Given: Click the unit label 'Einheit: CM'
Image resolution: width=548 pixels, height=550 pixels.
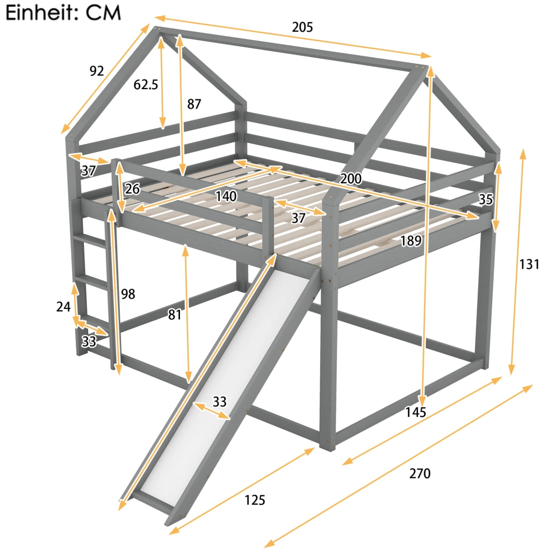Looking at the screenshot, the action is (x=63, y=13).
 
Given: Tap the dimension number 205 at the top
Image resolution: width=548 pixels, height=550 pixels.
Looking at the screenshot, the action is (x=302, y=27).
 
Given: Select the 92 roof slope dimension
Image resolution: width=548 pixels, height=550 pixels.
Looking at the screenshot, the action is (x=97, y=71).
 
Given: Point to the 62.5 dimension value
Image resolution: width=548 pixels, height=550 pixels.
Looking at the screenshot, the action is (x=146, y=84).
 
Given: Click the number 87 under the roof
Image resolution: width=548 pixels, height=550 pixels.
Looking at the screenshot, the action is (x=194, y=104).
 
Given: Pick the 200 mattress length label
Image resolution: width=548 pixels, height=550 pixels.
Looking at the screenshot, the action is (x=351, y=178).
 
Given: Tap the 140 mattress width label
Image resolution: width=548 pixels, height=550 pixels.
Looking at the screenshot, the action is (x=226, y=196).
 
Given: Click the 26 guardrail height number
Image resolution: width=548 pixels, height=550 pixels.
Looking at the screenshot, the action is (x=133, y=189).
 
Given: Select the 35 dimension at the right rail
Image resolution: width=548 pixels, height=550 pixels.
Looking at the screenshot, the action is (x=486, y=199).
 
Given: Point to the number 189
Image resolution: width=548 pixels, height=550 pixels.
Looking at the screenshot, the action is (x=411, y=241).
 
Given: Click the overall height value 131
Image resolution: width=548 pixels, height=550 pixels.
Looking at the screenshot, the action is (x=529, y=264).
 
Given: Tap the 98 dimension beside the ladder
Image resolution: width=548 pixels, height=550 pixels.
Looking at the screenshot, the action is (x=128, y=294).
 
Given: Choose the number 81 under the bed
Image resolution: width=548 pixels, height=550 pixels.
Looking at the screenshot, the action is (x=175, y=315).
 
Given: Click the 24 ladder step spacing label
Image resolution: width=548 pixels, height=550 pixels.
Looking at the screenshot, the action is (x=63, y=307).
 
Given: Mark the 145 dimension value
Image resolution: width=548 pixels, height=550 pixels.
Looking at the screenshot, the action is (x=416, y=412).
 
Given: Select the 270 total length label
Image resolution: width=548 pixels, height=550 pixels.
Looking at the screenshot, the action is (x=420, y=474).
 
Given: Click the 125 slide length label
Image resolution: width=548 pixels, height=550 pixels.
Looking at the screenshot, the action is (x=255, y=500).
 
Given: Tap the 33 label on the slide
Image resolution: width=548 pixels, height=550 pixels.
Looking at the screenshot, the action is (x=220, y=402).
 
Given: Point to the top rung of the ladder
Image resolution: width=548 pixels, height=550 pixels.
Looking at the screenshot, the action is (x=90, y=239).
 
